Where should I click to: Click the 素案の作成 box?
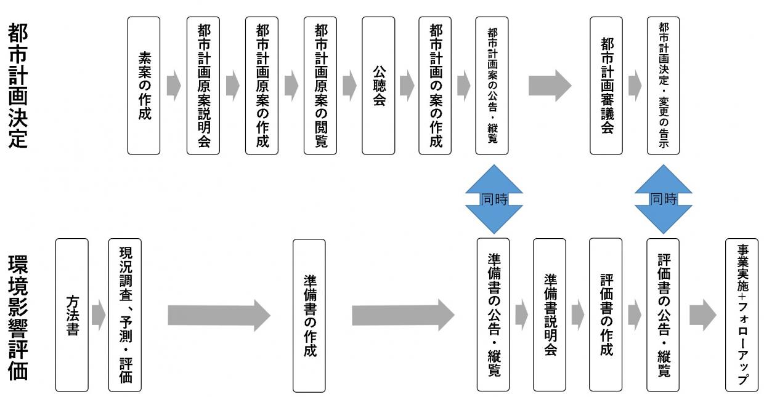tap(144, 85)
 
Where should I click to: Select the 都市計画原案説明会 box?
tap(203, 85)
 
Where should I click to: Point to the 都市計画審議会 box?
tap(606, 85)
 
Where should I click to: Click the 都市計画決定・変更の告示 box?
tap(664, 85)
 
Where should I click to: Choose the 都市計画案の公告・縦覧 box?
tap(492, 85)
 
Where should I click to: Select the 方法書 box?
tap(71, 315)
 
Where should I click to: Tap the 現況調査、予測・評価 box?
tap(124, 315)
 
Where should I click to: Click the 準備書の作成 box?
tap(309, 315)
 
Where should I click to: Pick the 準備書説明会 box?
tap(550, 315)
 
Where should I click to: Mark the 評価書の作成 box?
tap(606, 315)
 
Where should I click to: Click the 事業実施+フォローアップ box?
tap(742, 315)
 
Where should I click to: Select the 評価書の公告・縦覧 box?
tap(663, 315)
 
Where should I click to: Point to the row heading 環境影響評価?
tap(18, 315)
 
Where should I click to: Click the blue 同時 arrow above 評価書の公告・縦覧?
tap(663, 199)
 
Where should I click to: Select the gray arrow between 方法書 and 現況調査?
tap(98, 315)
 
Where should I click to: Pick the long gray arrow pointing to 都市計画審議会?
tap(549, 86)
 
